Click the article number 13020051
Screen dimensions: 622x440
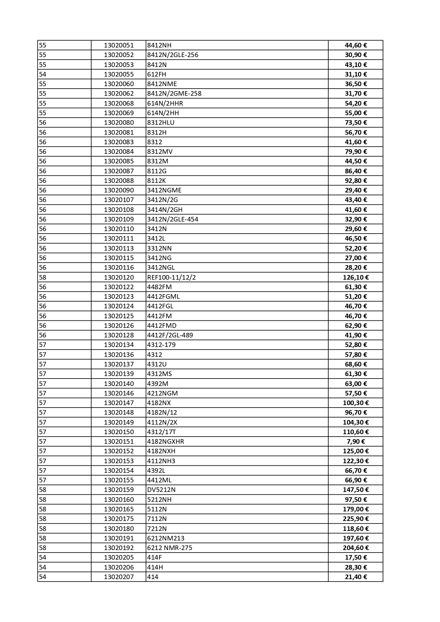[x=119, y=45]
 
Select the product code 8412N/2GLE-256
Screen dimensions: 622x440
[x=173, y=55]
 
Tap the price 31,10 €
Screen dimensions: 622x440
[x=356, y=74]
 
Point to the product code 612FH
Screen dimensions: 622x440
[x=157, y=74]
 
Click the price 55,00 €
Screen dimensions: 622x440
[x=356, y=113]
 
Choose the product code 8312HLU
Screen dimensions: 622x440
[x=161, y=123]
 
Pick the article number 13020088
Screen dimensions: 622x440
[x=119, y=181]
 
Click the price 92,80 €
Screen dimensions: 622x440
[x=356, y=181]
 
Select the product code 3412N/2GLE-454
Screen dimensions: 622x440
[x=173, y=219]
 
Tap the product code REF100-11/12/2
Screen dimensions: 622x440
[x=171, y=278]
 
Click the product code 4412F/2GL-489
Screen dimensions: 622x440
[x=170, y=335]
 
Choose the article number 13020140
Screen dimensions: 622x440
[x=119, y=384]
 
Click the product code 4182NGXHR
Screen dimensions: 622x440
[x=166, y=442]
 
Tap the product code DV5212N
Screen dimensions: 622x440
[x=161, y=490]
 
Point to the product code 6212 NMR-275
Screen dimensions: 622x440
[x=169, y=548]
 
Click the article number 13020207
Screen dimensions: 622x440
[x=119, y=577]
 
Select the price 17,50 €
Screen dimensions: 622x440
[x=356, y=557]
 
